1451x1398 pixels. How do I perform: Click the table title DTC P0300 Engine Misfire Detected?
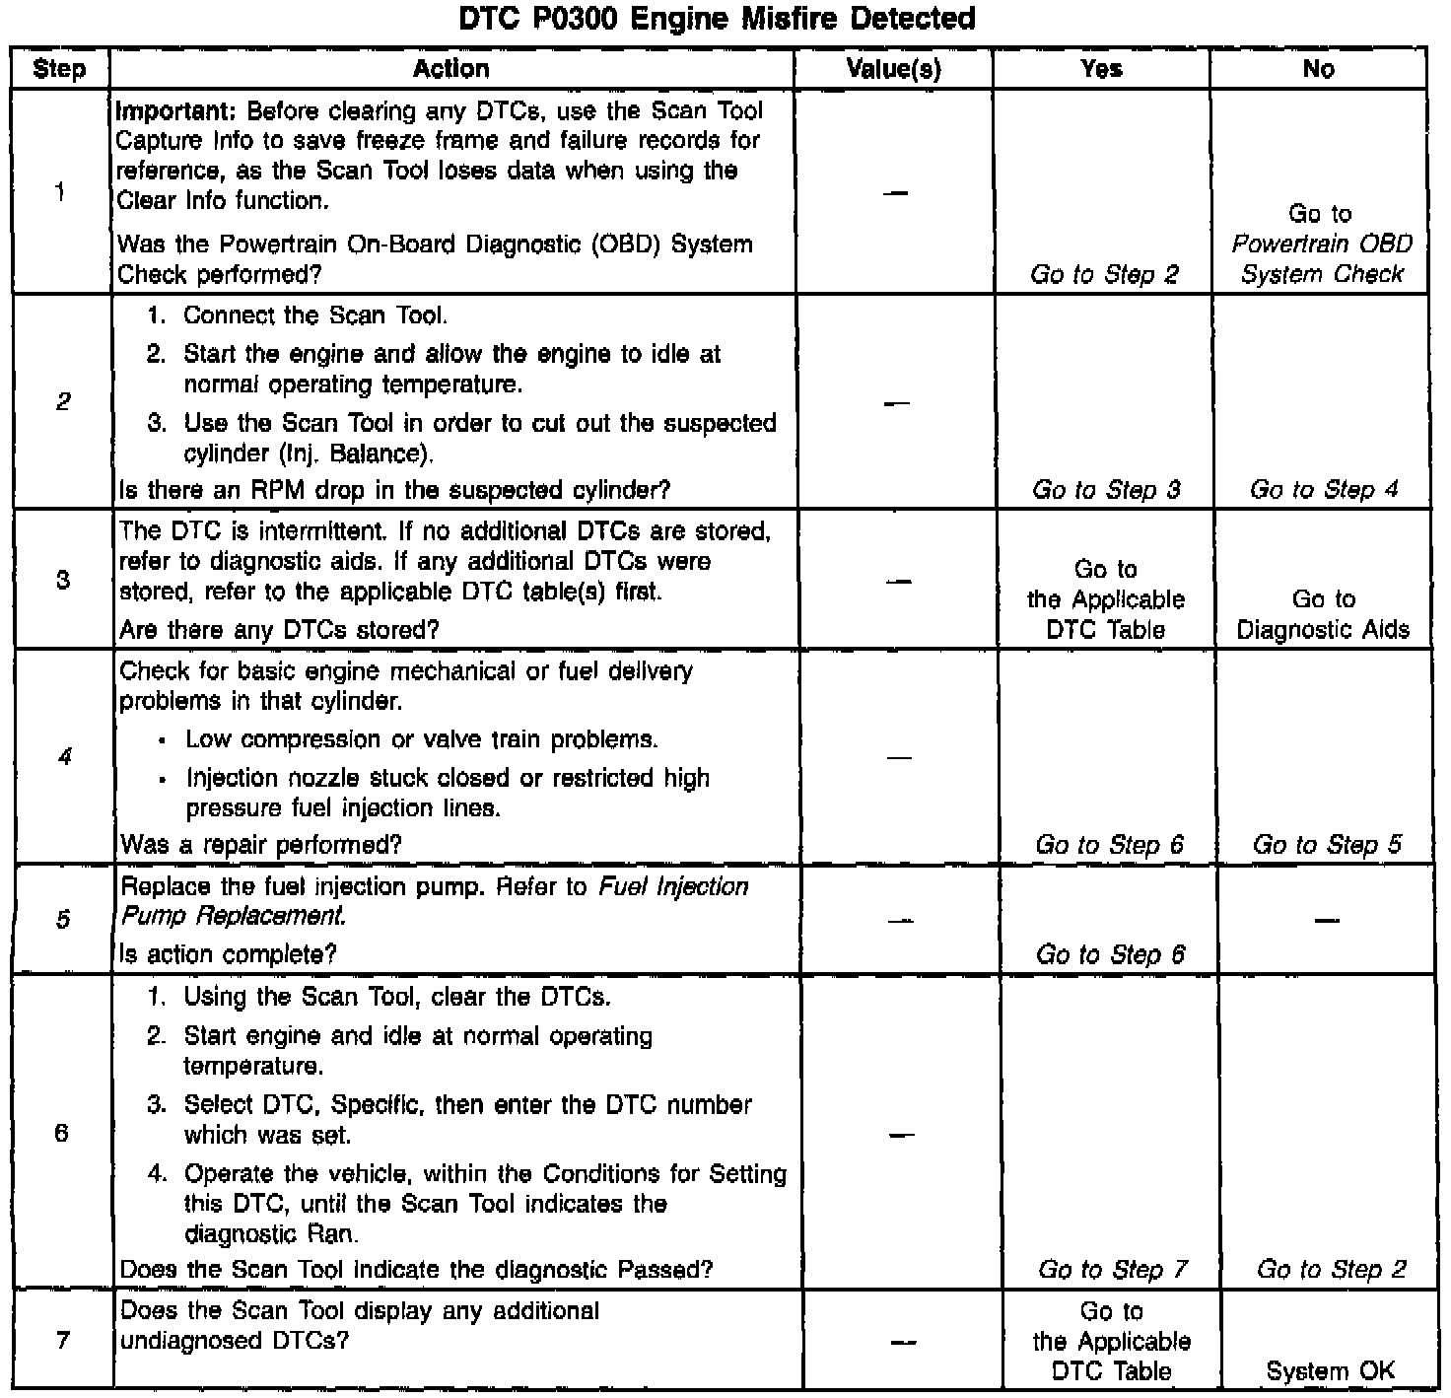pos(717,19)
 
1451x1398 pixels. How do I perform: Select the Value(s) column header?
pos(893,69)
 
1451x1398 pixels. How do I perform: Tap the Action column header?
pos(451,69)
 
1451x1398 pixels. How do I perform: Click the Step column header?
pos(59,69)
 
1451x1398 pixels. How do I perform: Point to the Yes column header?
pos(1101,69)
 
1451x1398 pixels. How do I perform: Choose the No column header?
pos(1318,69)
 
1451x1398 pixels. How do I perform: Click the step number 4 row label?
pos(63,757)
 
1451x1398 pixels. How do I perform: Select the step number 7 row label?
pos(63,1341)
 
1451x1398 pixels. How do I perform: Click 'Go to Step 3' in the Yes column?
pos(1105,490)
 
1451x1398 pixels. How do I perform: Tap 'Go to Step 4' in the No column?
pos(1323,490)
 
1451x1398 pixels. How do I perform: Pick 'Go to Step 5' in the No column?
pos(1326,845)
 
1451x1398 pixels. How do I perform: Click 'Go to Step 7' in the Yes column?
pos(1112,1270)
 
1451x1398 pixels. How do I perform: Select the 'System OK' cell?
pos(1330,1371)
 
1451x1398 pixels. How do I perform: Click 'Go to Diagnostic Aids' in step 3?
pos(1323,614)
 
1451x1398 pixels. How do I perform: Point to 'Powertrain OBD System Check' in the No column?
pos(1322,258)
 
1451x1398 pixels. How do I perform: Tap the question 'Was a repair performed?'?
pos(260,845)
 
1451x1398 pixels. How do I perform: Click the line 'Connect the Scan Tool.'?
pos(315,315)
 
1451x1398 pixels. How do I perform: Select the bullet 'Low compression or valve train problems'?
pos(421,739)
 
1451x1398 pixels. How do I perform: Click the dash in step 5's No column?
pos(1326,921)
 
